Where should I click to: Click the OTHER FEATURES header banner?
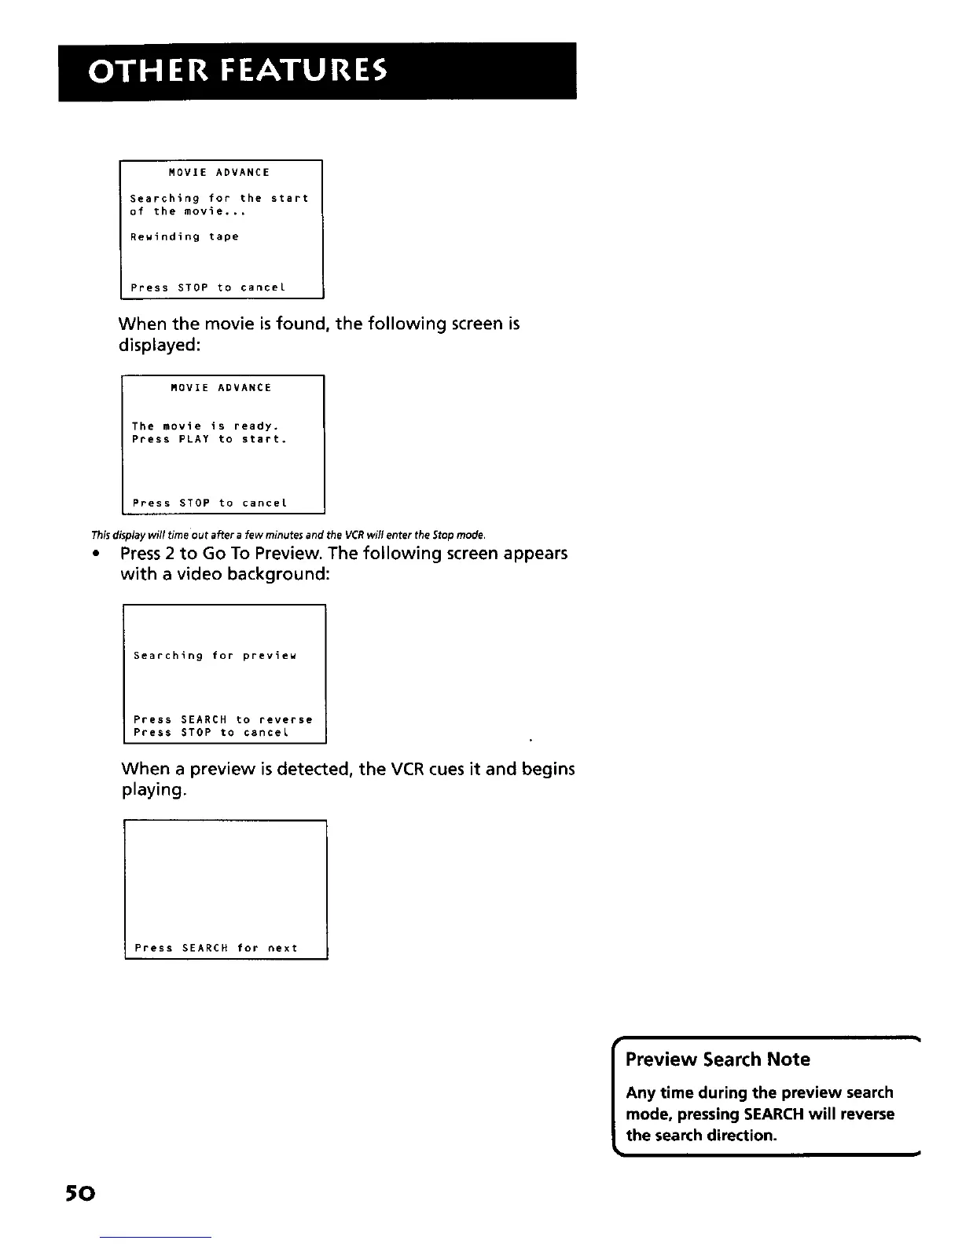pos(317,71)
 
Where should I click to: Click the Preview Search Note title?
pos(718,1059)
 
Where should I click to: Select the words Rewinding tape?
pos(184,236)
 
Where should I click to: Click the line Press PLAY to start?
pos(208,439)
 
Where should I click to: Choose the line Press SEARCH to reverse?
pos(222,719)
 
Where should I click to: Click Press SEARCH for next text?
pos(216,948)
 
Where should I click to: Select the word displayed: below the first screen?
pos(160,345)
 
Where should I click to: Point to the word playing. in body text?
pos(154,790)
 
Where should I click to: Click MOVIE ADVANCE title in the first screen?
pos(219,172)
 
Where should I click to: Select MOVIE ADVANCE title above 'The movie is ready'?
pos(221,388)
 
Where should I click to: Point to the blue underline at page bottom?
pos(155,1238)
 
